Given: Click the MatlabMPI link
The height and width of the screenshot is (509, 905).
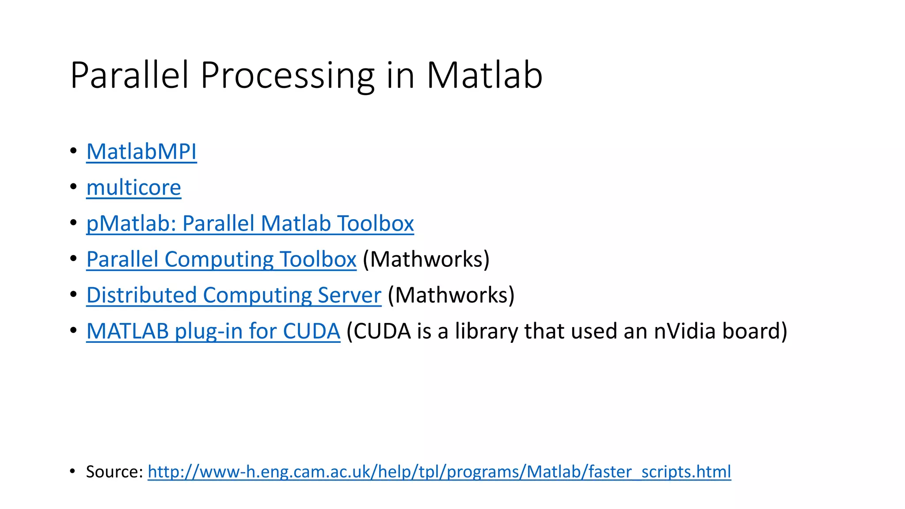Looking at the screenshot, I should coord(141,152).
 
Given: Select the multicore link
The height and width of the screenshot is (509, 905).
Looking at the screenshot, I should coord(133,187).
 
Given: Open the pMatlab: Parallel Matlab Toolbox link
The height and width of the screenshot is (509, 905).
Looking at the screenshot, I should coord(250,223).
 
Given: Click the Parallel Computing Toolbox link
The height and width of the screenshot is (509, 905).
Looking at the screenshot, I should coord(221,259).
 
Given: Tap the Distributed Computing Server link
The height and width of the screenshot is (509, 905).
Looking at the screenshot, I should coord(233,295).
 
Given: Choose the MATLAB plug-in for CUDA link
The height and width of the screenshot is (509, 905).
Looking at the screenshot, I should coord(213,330).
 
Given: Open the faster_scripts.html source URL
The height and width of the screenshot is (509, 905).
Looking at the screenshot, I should coord(439,471).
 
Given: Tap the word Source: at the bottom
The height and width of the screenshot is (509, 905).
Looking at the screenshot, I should coord(114,471).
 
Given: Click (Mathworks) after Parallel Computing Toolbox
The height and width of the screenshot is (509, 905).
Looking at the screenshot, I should coord(426,259).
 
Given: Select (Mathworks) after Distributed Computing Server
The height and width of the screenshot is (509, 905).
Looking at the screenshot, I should coord(451,295).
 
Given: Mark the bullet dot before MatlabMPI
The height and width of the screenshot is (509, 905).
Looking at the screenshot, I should coord(73,151).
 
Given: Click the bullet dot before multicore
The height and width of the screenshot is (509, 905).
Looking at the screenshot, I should coord(73,187).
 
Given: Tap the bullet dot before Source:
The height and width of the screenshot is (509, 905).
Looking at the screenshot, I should coord(73,471).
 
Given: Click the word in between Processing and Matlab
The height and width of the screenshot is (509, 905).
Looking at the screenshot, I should coord(400,75).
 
